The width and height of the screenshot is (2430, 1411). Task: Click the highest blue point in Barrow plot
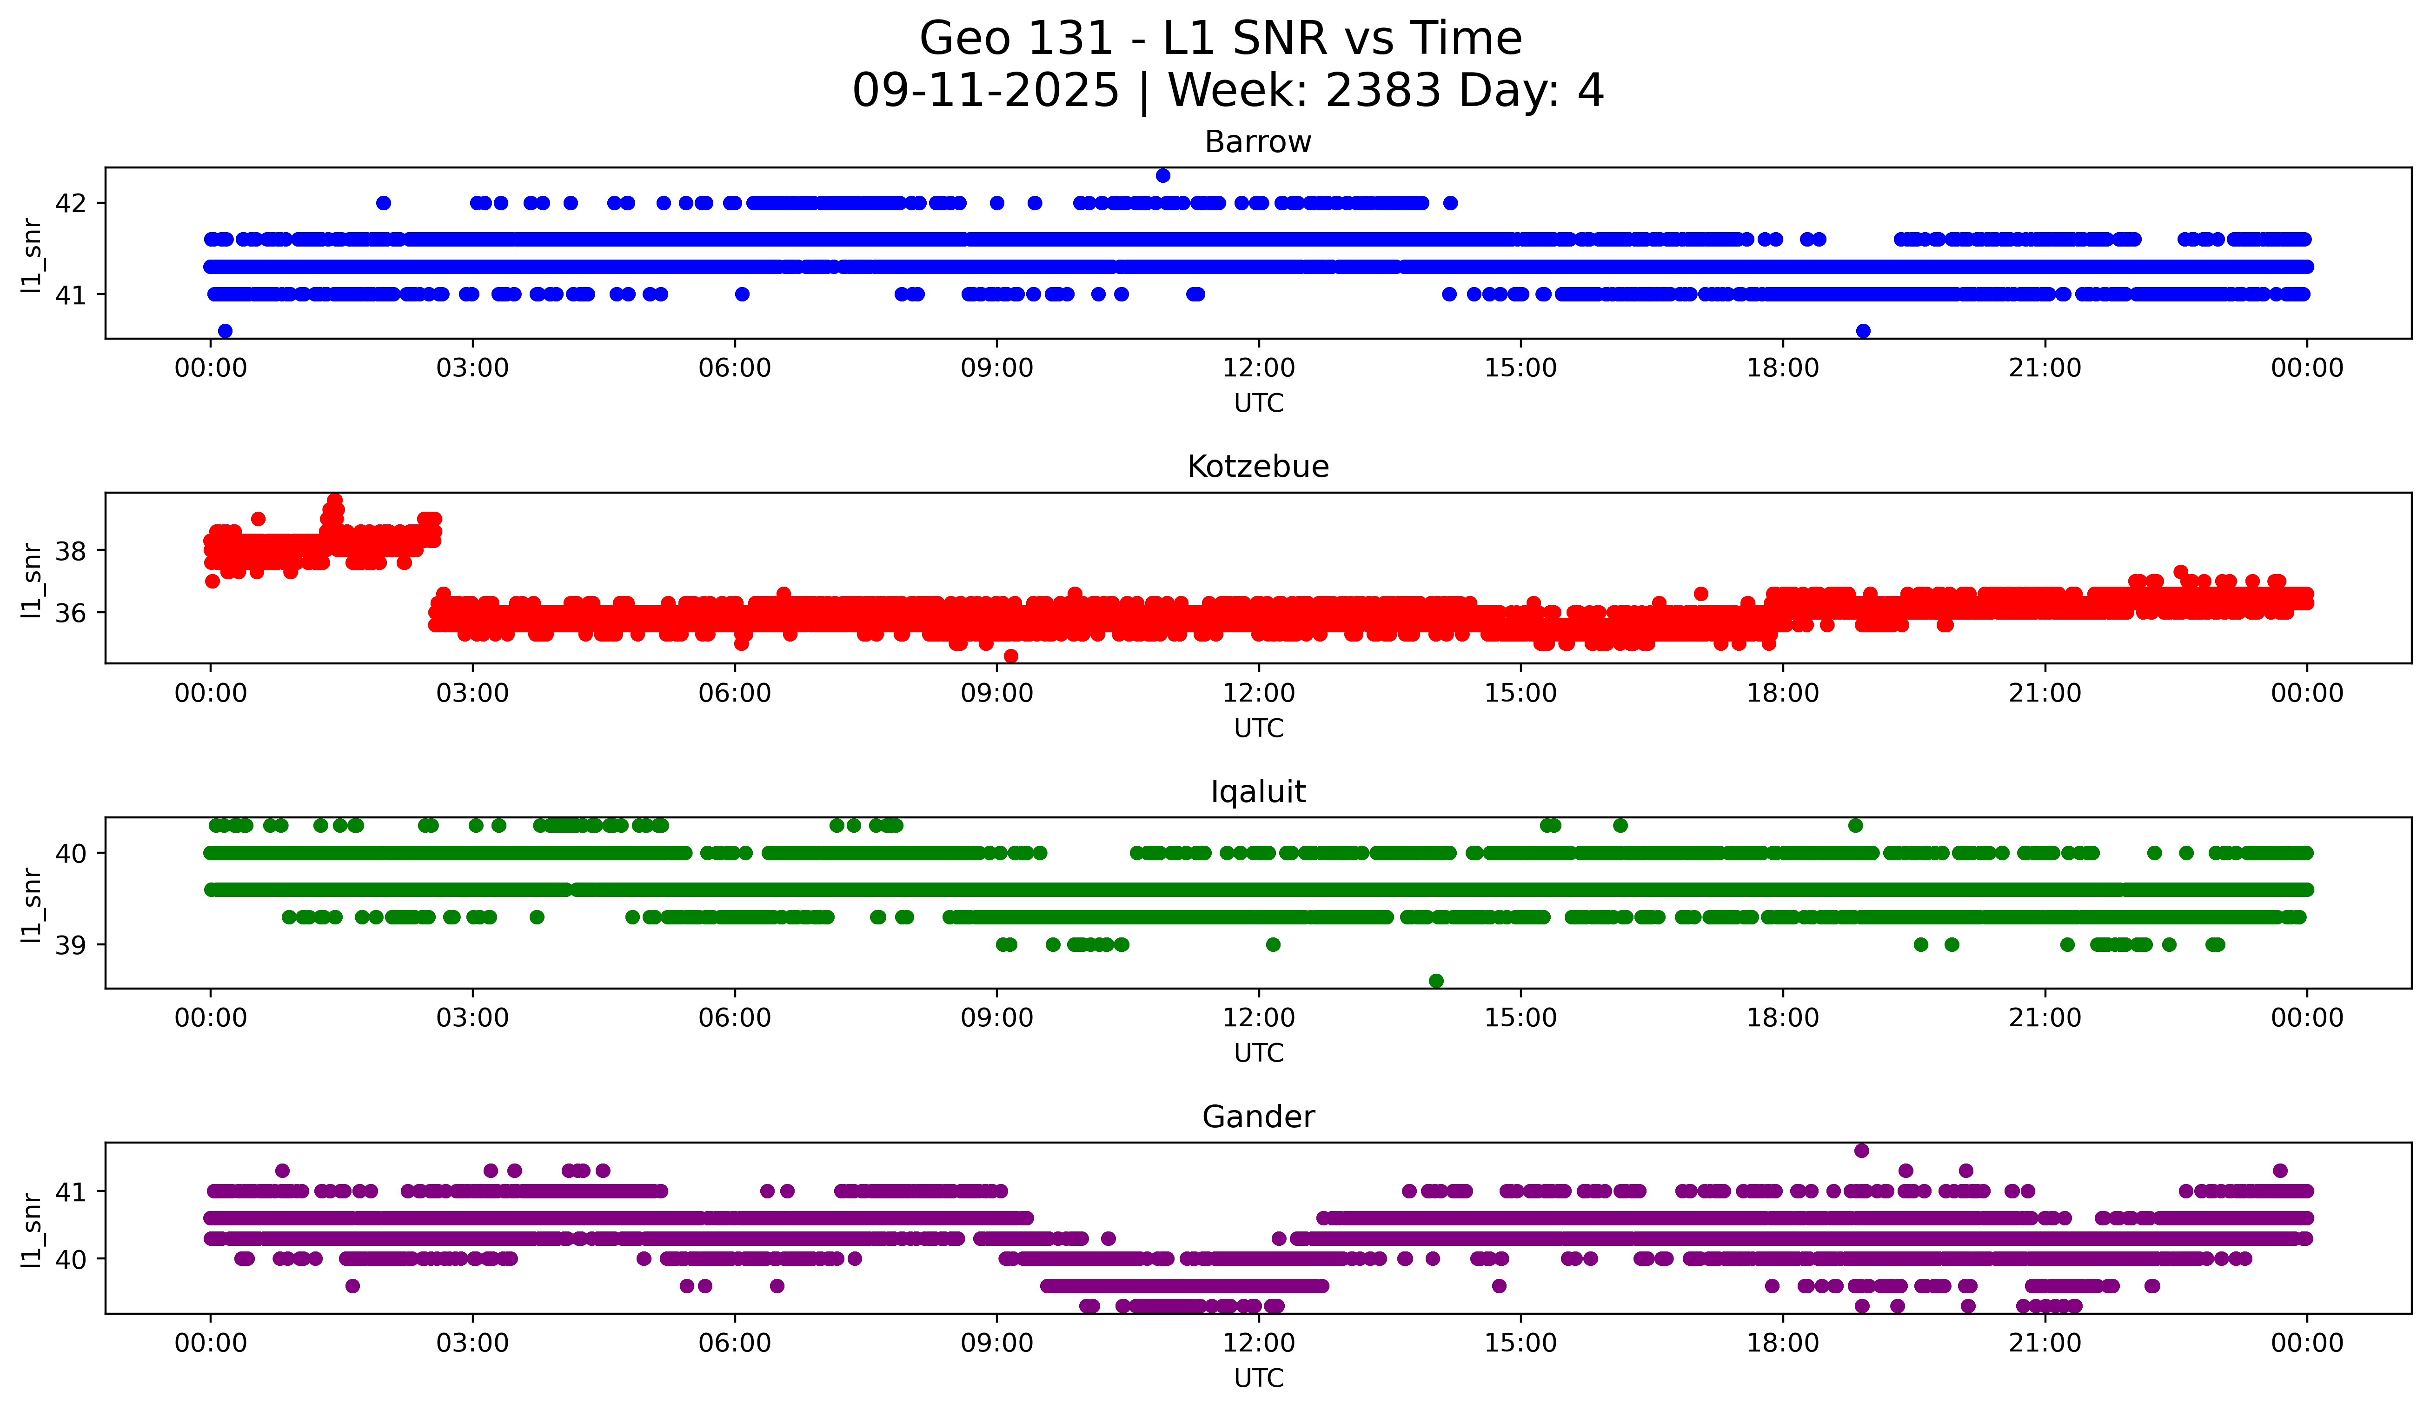click(1163, 175)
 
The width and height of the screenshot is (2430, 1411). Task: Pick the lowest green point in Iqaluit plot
click(1436, 981)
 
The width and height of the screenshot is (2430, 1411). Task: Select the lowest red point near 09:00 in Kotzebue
click(1010, 656)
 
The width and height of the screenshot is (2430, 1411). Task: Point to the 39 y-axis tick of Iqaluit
click(70, 945)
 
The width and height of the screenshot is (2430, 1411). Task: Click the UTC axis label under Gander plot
click(1258, 1378)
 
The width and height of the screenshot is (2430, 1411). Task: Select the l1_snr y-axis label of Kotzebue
click(32, 579)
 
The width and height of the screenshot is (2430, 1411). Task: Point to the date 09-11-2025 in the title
click(985, 91)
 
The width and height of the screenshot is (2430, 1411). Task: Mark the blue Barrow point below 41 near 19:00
click(1863, 331)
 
